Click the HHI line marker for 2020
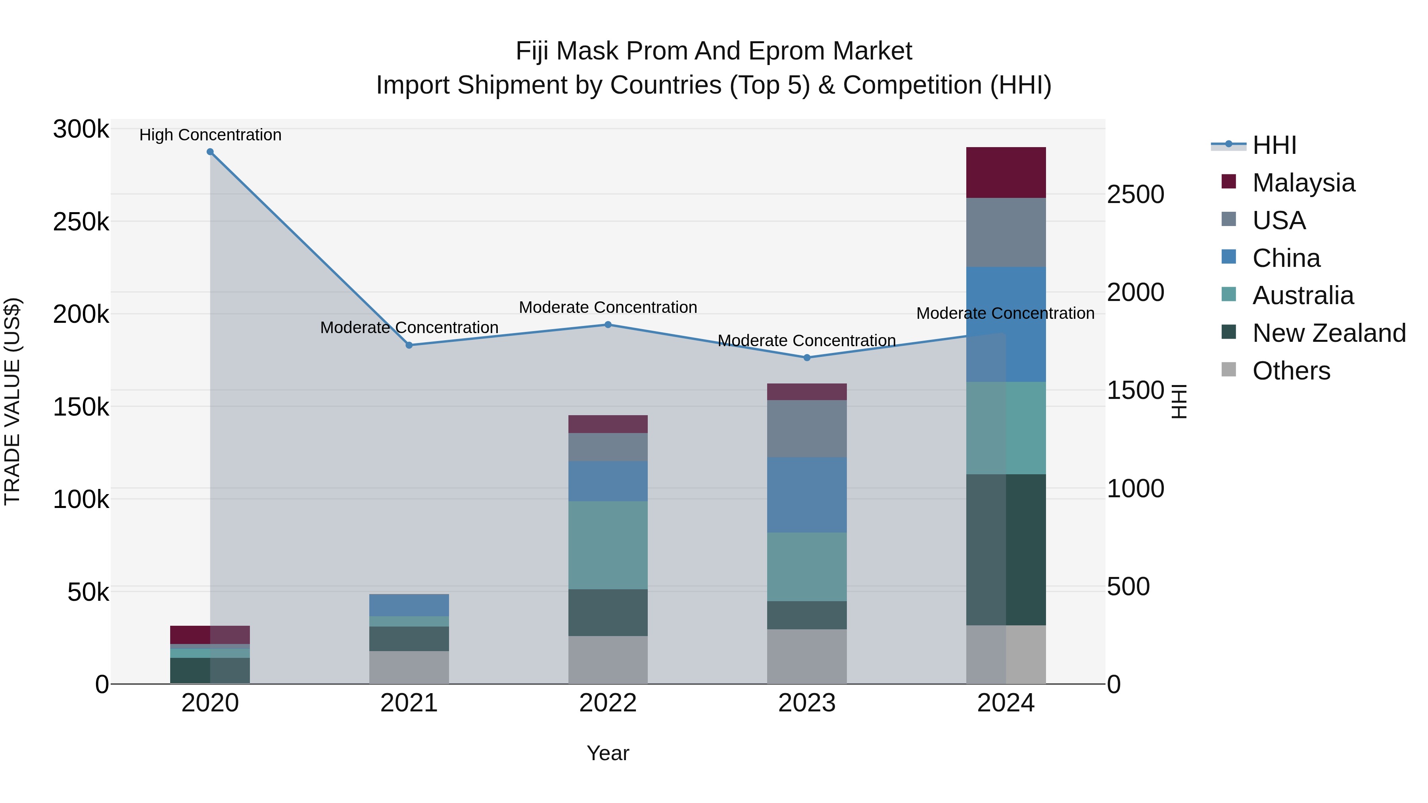coord(210,152)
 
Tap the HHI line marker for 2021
coord(409,345)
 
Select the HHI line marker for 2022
coord(608,325)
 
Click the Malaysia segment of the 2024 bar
coord(1006,172)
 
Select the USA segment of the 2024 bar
coord(1006,233)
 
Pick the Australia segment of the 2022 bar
coord(608,545)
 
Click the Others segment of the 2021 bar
coord(409,667)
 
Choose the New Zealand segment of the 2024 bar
coord(1006,550)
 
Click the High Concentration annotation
coord(210,135)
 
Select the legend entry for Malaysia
coord(1303,183)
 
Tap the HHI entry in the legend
coord(1274,145)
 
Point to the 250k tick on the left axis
coord(81,222)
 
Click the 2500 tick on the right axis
coord(1135,195)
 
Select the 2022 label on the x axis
coord(608,703)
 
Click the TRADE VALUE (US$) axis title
coord(12,401)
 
